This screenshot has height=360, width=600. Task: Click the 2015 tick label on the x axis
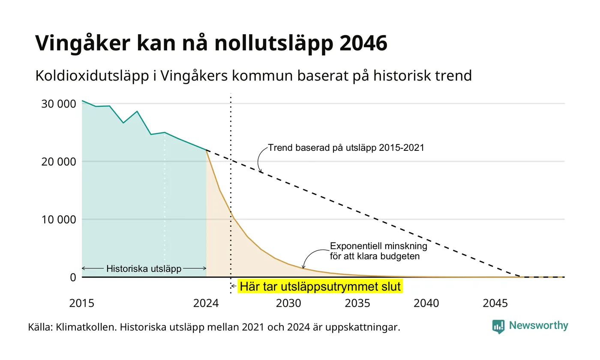pos(82,303)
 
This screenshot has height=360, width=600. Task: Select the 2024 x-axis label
pos(206,303)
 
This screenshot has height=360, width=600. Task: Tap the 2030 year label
pos(288,303)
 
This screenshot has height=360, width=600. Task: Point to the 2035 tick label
pos(357,303)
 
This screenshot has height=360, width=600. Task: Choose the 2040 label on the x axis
pos(426,303)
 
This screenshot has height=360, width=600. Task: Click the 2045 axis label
pos(495,303)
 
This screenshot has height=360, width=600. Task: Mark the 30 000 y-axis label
pos(58,104)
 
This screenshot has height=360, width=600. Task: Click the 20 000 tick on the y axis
pos(58,162)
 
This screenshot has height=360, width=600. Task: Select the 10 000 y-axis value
pos(58,219)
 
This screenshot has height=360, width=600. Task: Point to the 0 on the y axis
pos(73,278)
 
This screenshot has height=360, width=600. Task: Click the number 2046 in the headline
pos(363,43)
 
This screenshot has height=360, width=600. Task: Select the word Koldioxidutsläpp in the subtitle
pos(92,76)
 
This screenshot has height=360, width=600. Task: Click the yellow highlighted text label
pos(320,286)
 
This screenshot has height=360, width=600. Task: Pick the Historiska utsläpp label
pos(144,268)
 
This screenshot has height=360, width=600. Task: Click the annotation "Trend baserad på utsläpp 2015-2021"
pos(346,147)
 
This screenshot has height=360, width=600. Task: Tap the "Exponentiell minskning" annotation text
pos(378,246)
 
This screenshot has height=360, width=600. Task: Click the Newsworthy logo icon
pos(498,327)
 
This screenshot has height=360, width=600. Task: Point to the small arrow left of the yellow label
pos(234,286)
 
